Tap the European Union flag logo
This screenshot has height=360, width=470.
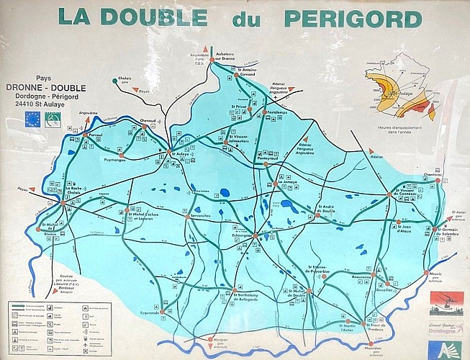pyautogui.click(x=32, y=118)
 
